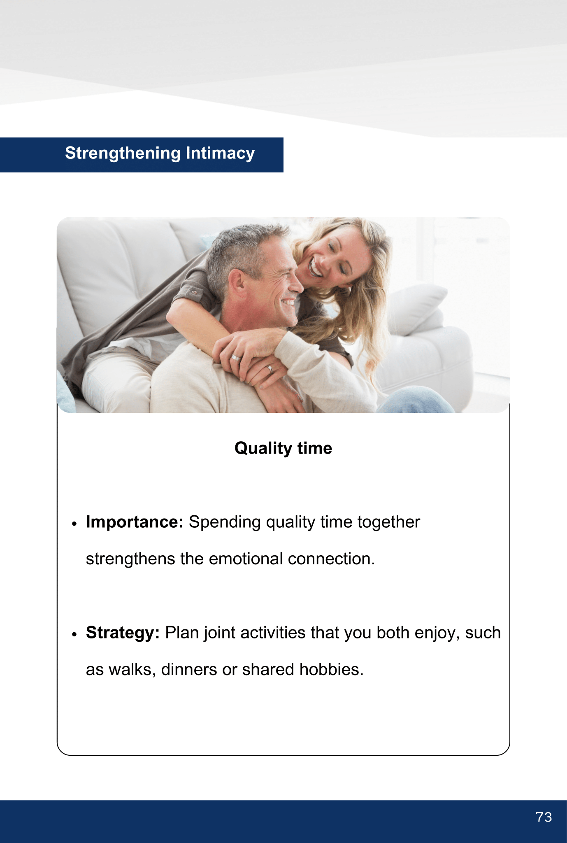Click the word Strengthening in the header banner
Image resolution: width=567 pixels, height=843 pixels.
123,154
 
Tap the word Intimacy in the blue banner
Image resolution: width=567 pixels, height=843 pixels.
220,154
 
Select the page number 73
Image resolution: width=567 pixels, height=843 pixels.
544,817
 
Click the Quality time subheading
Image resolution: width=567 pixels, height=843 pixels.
283,448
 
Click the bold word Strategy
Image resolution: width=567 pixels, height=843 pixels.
123,633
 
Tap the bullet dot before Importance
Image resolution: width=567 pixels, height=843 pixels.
74,524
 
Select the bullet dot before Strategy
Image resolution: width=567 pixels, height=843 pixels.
74,634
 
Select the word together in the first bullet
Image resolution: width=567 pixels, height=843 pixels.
389,522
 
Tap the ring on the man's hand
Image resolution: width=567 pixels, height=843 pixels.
235,357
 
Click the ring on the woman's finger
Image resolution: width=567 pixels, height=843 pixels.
270,369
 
